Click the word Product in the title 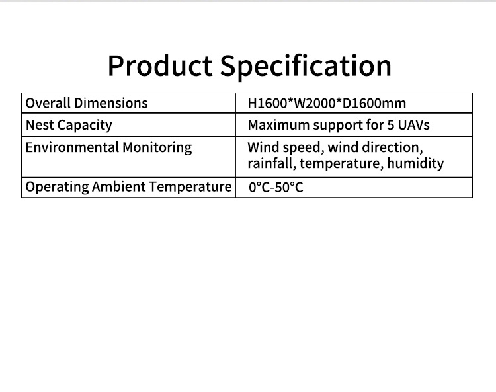(160, 65)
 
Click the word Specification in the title (306, 66)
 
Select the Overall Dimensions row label (87, 103)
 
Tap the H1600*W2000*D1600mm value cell (327, 103)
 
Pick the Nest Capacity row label (69, 125)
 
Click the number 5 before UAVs (391, 125)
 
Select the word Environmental (73, 147)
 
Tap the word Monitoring (157, 148)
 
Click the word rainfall (272, 164)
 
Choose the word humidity (416, 164)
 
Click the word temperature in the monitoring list (342, 164)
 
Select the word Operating (58, 187)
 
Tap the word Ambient (119, 187)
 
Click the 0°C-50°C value (276, 187)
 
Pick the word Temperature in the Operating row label (190, 187)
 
